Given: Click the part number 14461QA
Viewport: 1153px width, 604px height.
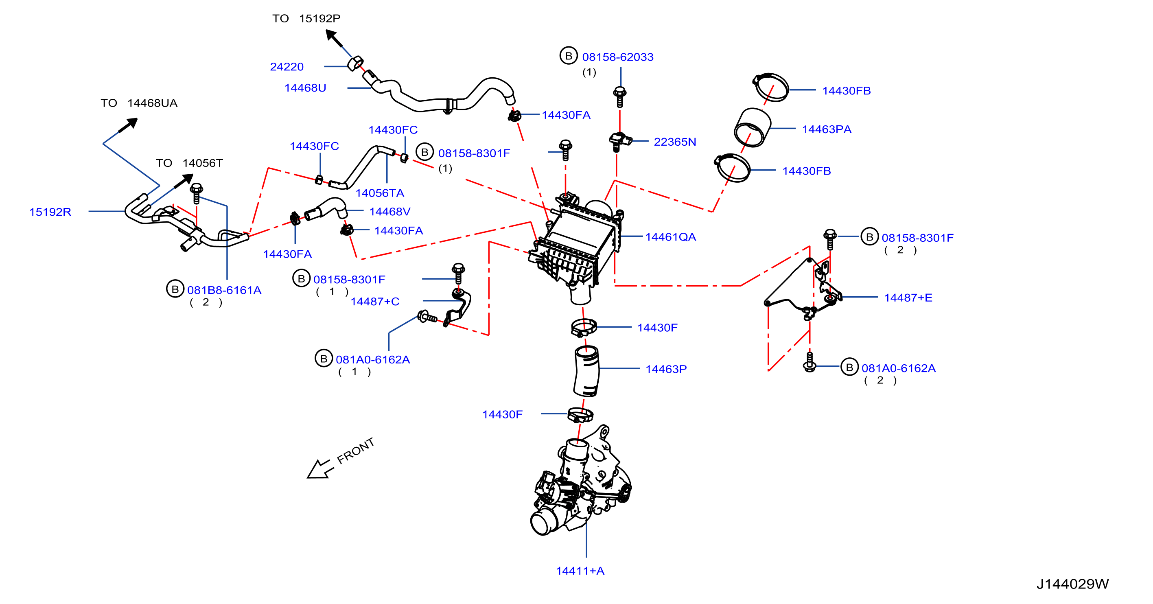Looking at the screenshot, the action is tap(670, 237).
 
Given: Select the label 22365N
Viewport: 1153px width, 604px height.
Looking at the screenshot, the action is tap(674, 142).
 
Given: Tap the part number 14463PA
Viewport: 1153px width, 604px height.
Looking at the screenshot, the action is tap(826, 129).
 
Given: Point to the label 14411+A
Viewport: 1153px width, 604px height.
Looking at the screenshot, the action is tap(580, 571).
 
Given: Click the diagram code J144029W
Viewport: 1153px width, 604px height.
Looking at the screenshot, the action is tap(1072, 584).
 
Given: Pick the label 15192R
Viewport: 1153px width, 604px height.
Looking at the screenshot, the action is tap(50, 212).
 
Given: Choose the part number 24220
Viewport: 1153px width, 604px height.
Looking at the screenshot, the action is tap(287, 67).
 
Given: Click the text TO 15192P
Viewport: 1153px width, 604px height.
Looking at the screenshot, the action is tap(306, 18).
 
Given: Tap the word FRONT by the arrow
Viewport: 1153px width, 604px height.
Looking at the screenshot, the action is tap(355, 451).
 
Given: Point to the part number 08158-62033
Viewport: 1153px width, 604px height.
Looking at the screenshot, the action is tap(618, 57).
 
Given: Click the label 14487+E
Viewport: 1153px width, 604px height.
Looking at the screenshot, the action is tap(908, 298).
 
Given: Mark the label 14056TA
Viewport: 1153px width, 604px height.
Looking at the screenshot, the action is tap(380, 193).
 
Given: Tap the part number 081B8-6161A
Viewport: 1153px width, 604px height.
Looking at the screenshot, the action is tap(224, 290).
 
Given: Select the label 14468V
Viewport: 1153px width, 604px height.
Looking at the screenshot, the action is tap(389, 211).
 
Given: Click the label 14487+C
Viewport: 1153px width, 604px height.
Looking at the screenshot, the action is tap(375, 301).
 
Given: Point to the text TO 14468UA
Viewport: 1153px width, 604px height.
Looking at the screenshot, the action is tap(139, 103).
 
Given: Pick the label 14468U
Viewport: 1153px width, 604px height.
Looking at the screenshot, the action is tap(305, 88).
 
